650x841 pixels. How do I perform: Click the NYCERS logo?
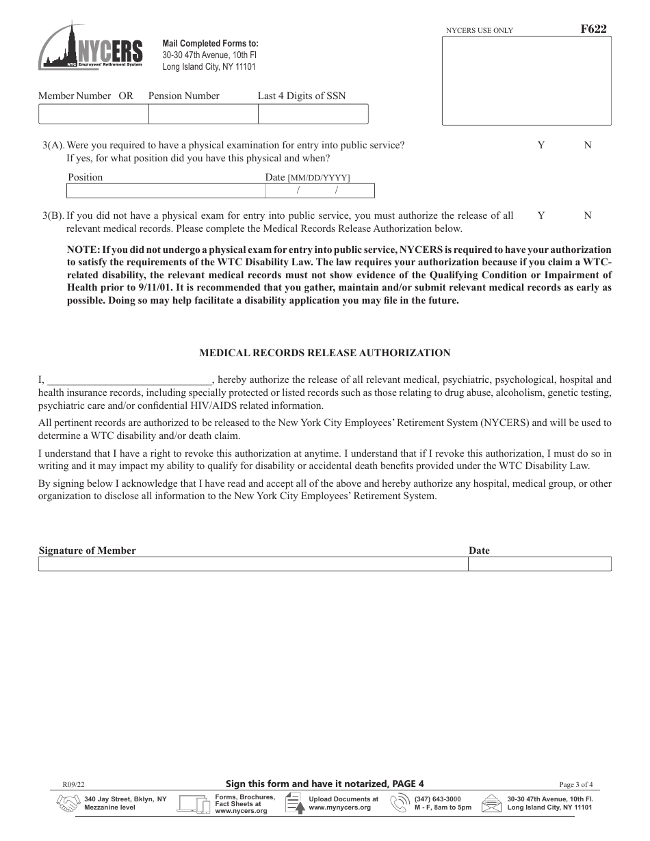(x=92, y=46)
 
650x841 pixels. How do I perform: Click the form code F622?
(x=593, y=29)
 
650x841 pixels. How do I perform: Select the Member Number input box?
(x=93, y=114)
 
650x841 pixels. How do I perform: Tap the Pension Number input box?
(x=203, y=114)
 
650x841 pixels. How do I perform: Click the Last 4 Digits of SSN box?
(x=313, y=114)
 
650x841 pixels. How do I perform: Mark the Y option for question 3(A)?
(x=541, y=145)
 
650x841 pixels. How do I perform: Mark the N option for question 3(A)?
(x=587, y=145)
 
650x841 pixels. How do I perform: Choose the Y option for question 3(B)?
(x=541, y=215)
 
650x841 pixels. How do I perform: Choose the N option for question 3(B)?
(x=587, y=215)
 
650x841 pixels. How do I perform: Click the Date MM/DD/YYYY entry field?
(x=319, y=191)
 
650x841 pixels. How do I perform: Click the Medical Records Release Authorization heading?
(x=324, y=353)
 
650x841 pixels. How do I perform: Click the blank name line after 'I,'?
(x=129, y=380)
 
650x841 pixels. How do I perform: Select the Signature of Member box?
(x=252, y=564)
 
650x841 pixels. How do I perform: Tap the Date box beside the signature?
(x=539, y=564)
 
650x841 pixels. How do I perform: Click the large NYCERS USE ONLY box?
(x=526, y=81)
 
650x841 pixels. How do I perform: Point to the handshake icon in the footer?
(x=66, y=803)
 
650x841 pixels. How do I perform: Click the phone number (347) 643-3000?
(x=437, y=799)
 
